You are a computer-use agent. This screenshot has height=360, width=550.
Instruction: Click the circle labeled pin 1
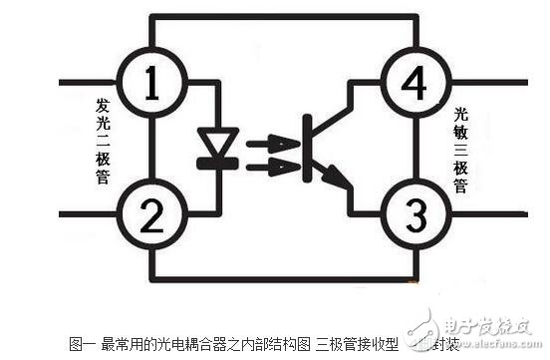pyautogui.click(x=151, y=83)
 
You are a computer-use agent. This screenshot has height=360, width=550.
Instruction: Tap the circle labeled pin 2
pyautogui.click(x=151, y=212)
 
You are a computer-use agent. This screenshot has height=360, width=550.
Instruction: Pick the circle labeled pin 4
pyautogui.click(x=416, y=83)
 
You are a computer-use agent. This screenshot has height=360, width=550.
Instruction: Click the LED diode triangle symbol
pyautogui.click(x=217, y=141)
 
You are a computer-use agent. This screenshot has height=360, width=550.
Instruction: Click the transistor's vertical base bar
pyautogui.click(x=307, y=150)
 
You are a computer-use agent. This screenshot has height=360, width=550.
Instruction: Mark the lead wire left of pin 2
pyautogui.click(x=88, y=212)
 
